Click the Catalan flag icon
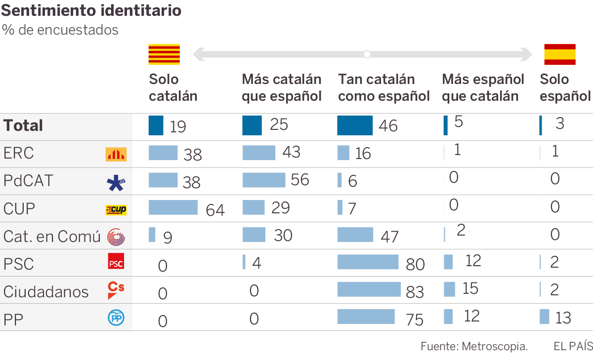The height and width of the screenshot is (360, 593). (x=164, y=54)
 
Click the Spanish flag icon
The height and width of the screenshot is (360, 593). (x=560, y=54)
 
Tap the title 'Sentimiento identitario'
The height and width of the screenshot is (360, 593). (x=91, y=10)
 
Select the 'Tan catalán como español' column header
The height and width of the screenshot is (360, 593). (x=384, y=87)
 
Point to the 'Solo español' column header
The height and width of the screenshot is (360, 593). (x=565, y=87)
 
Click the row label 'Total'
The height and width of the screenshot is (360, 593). (x=23, y=125)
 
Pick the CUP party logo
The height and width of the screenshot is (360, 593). (x=116, y=210)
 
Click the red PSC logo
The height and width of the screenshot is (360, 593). (x=116, y=261)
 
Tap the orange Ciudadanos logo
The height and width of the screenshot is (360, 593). (x=116, y=290)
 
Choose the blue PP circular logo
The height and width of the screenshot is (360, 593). (x=116, y=318)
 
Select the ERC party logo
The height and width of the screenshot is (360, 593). (x=116, y=155)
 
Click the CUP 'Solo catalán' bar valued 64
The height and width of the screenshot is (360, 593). (x=173, y=207)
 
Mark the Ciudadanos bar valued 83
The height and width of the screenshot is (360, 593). (x=369, y=289)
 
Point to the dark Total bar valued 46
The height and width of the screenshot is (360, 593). (x=355, y=125)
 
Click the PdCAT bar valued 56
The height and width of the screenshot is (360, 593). (x=264, y=180)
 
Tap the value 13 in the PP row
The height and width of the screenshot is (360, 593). (x=563, y=318)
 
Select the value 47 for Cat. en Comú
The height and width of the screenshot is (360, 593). (x=389, y=237)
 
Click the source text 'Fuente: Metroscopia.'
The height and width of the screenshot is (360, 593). (x=474, y=346)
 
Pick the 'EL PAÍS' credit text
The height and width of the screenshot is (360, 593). (x=573, y=346)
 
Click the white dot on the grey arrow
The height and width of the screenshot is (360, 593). (x=367, y=54)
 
